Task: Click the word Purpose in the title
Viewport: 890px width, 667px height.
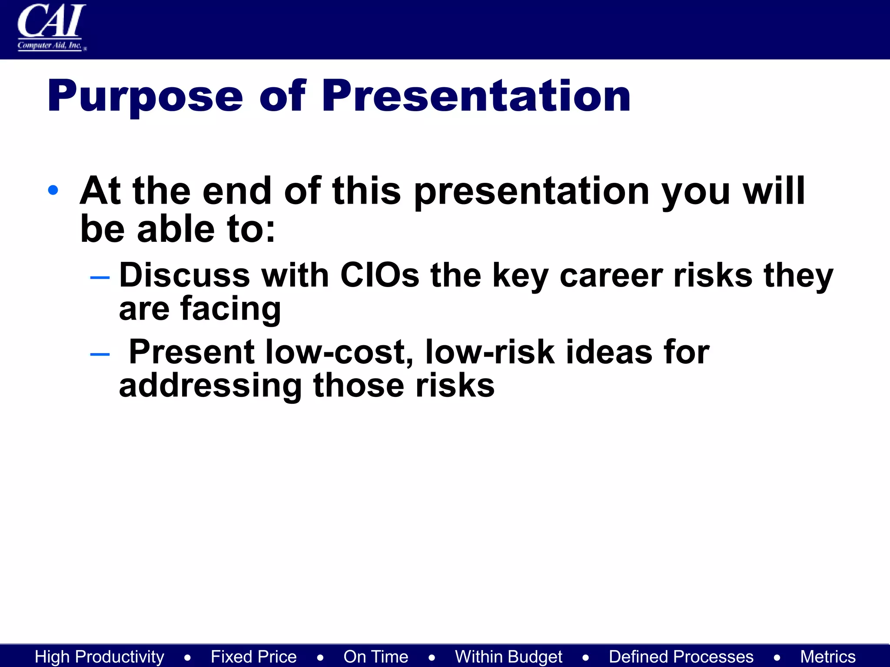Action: click(145, 96)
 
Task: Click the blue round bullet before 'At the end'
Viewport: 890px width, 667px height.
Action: click(53, 190)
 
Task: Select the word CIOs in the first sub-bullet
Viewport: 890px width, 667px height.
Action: click(379, 275)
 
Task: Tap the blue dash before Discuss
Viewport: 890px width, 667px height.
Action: click(100, 277)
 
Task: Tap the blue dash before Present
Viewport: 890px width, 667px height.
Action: click(100, 354)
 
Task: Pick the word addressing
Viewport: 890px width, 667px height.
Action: click(210, 386)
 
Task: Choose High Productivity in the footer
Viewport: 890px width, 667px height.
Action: click(100, 657)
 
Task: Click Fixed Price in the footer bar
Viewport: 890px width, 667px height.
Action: click(254, 657)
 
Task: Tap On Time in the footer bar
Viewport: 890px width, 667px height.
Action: click(376, 657)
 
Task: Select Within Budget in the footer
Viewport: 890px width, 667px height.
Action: click(508, 657)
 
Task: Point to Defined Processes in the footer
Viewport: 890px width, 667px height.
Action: click(681, 657)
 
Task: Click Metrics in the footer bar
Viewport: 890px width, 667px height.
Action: click(828, 657)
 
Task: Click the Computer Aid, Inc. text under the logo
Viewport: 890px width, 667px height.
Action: click(50, 45)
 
